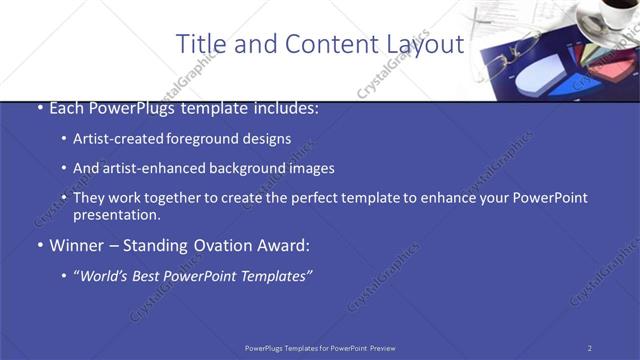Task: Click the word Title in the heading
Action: coord(199,44)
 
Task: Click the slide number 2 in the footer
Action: coord(589,348)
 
